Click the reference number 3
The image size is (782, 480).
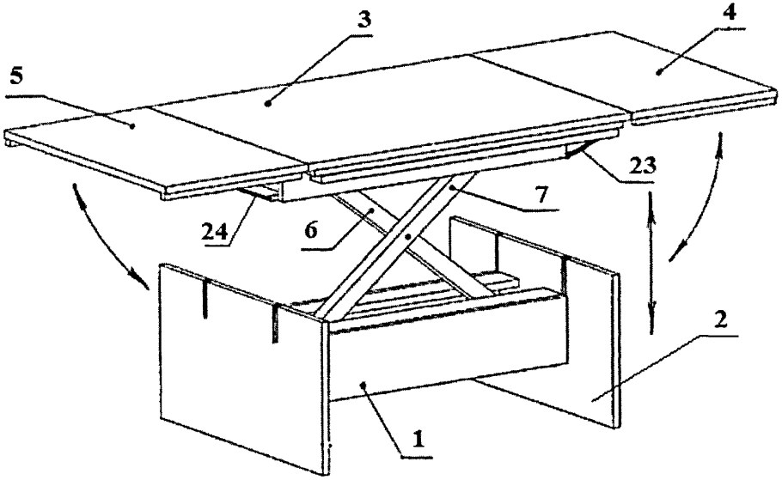click(365, 21)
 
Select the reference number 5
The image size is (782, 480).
click(16, 79)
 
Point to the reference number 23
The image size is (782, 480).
click(642, 166)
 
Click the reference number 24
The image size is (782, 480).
click(215, 232)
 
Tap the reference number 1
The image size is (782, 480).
click(418, 440)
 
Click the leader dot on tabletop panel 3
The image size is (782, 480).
click(268, 104)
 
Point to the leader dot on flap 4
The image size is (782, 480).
click(659, 73)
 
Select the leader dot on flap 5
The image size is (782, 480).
click(132, 126)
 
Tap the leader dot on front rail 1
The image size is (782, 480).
click(363, 384)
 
